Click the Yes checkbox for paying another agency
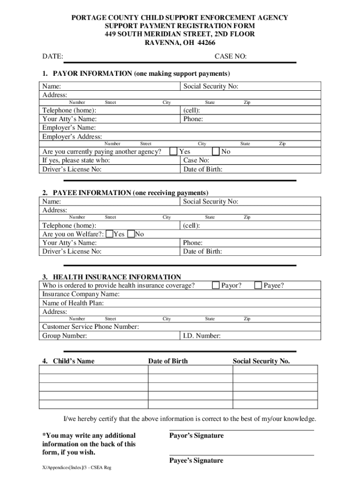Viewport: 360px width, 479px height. coord(173,152)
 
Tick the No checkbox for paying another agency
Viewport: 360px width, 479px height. coord(216,152)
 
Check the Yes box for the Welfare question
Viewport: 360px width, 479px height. coord(109,234)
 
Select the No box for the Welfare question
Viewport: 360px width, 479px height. coord(131,234)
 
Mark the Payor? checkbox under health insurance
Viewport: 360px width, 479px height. coord(216,285)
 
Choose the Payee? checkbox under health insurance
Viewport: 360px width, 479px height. coord(258,285)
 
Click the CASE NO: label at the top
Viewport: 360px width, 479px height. coord(230,57)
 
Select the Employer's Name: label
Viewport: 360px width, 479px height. coord(69,128)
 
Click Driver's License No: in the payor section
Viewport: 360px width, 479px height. coord(72,169)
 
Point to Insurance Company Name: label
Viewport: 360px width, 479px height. coord(80,294)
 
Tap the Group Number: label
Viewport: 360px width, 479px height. coord(65,336)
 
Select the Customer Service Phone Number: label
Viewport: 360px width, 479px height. coord(90,327)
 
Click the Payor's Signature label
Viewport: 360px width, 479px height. coord(196,436)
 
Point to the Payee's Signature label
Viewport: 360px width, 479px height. coord(196,461)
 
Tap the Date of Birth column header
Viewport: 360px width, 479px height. coord(168,361)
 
